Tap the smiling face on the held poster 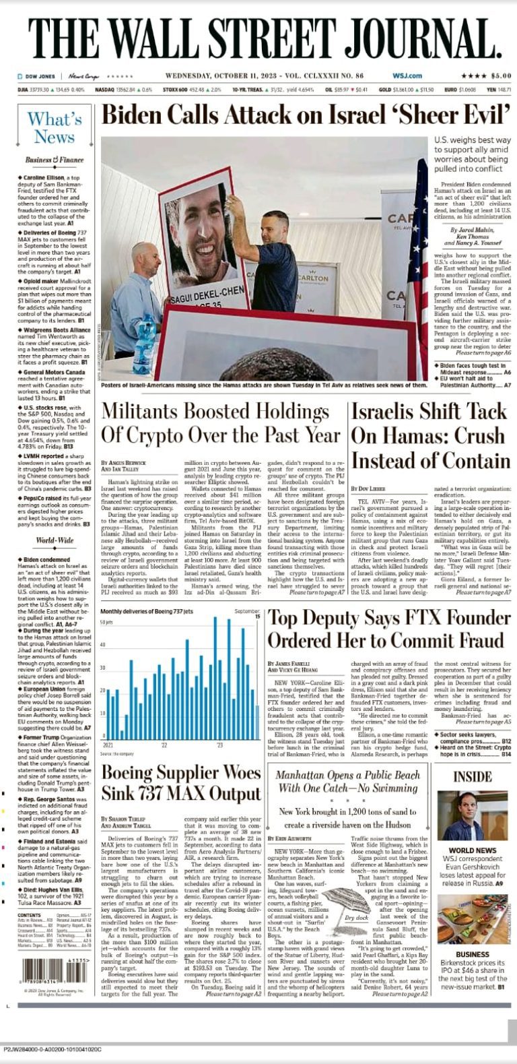tap(201, 236)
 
